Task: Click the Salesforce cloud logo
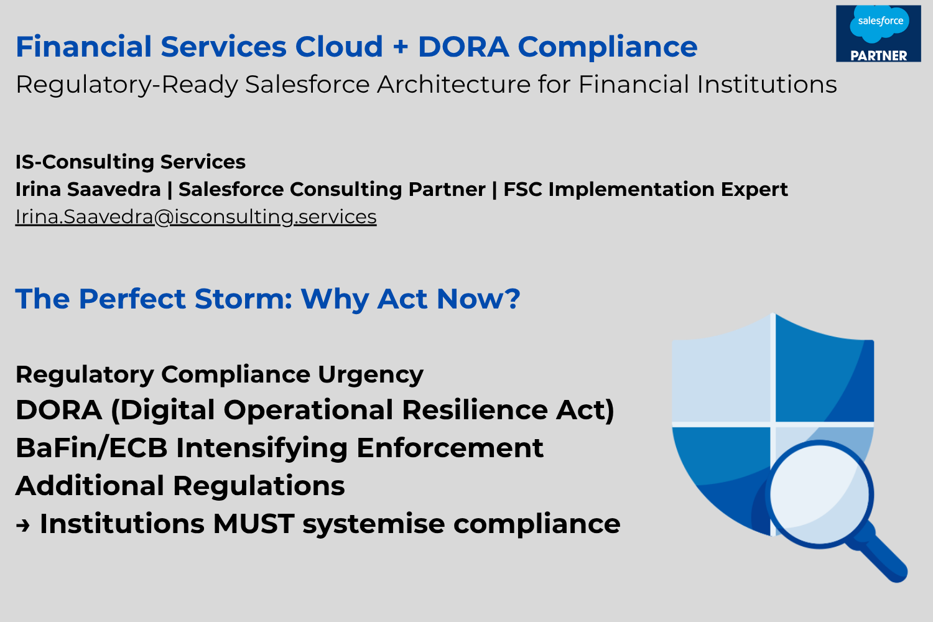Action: [880, 24]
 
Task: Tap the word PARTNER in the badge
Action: [879, 55]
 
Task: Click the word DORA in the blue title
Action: [463, 46]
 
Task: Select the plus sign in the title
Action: [401, 47]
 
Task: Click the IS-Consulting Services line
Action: [131, 162]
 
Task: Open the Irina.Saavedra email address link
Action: [196, 216]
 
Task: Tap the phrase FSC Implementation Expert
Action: [646, 190]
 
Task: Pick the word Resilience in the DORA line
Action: [475, 410]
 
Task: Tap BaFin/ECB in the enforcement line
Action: [91, 448]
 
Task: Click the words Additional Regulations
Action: [180, 486]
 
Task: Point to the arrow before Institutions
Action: [23, 526]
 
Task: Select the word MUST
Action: [254, 524]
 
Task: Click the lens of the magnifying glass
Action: [819, 494]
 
